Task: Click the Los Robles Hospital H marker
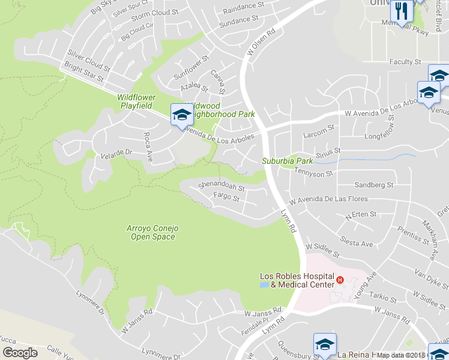[x=340, y=280]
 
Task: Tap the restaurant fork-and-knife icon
[x=400, y=10]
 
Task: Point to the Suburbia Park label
[x=287, y=161]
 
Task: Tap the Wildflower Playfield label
[x=136, y=101]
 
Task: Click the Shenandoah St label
[x=221, y=187]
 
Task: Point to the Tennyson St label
[x=313, y=173]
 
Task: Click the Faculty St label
[x=405, y=62]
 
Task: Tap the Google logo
[x=20, y=353]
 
